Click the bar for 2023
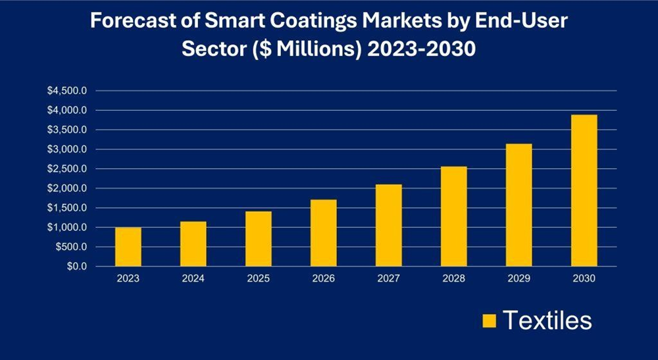click(128, 247)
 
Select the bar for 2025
click(258, 239)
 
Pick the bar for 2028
click(453, 217)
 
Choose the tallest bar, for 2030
click(584, 191)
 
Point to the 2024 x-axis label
click(193, 278)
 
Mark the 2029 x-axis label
click(519, 278)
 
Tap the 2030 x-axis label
click(584, 278)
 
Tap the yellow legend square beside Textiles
click(488, 321)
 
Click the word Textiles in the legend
click(547, 321)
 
